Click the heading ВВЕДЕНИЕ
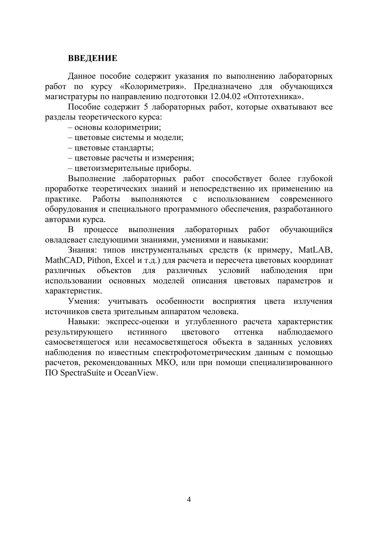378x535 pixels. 93,58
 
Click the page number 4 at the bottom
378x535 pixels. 189,499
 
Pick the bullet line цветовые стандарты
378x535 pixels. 111,148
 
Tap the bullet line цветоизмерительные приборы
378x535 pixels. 130,168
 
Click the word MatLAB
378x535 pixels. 315,250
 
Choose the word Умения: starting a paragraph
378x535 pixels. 84,301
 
